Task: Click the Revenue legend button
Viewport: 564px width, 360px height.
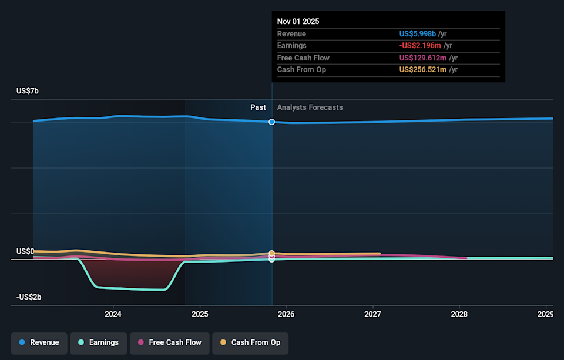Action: pyautogui.click(x=39, y=342)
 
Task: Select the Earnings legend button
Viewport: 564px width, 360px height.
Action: pyautogui.click(x=98, y=342)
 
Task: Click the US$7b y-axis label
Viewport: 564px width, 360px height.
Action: pyautogui.click(x=28, y=91)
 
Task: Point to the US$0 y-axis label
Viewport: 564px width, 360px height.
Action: pyautogui.click(x=25, y=251)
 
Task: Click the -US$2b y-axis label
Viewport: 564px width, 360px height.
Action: pyautogui.click(x=29, y=297)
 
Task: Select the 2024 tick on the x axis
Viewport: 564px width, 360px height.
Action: pyautogui.click(x=113, y=314)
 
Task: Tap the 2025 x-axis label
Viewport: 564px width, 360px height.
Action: pyautogui.click(x=200, y=314)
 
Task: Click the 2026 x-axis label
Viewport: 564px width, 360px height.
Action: pyautogui.click(x=286, y=314)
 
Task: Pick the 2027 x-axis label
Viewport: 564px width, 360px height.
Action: pyautogui.click(x=373, y=314)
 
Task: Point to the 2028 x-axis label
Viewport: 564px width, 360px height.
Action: pyautogui.click(x=459, y=314)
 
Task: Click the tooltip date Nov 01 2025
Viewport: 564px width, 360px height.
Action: pyautogui.click(x=298, y=21)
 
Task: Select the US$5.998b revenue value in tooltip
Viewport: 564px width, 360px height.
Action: pyautogui.click(x=418, y=34)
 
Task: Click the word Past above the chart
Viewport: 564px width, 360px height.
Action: pyautogui.click(x=258, y=107)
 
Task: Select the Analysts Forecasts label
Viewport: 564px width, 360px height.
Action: pyautogui.click(x=310, y=107)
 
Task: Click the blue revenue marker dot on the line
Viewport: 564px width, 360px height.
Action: pyautogui.click(x=272, y=122)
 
